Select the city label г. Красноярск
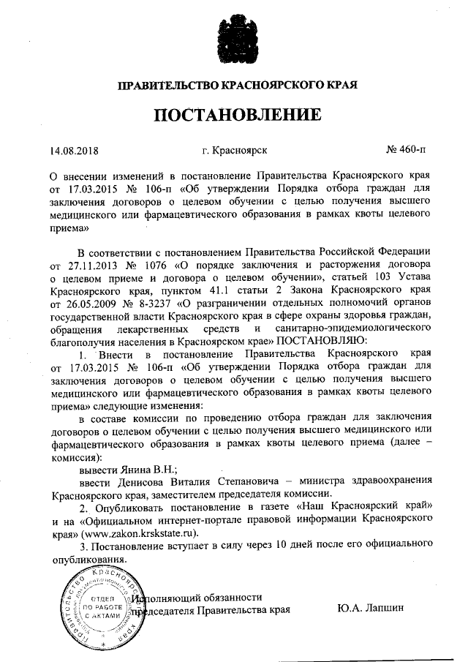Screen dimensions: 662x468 234,151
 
